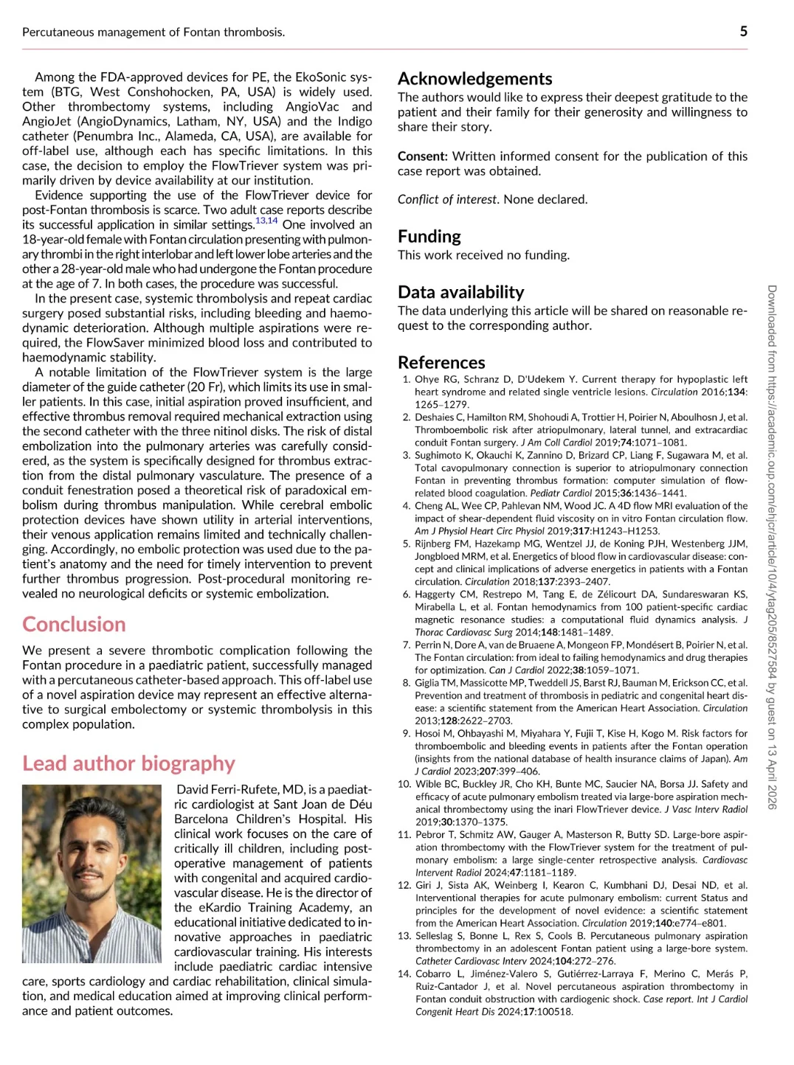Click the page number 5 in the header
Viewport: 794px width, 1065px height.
(743, 31)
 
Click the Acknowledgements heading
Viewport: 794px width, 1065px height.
(474, 79)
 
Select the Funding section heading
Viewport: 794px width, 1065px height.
(429, 237)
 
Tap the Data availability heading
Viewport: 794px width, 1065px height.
(460, 292)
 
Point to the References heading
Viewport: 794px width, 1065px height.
(441, 363)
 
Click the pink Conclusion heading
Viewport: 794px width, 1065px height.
(74, 625)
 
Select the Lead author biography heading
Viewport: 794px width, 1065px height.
(128, 763)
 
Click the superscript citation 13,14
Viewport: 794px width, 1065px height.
(266, 221)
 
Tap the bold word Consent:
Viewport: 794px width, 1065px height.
(422, 156)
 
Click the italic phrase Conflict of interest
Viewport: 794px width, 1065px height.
(448, 200)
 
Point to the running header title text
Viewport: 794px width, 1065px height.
(153, 32)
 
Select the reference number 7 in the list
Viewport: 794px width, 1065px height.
(407, 645)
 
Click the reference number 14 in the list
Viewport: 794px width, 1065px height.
(404, 974)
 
